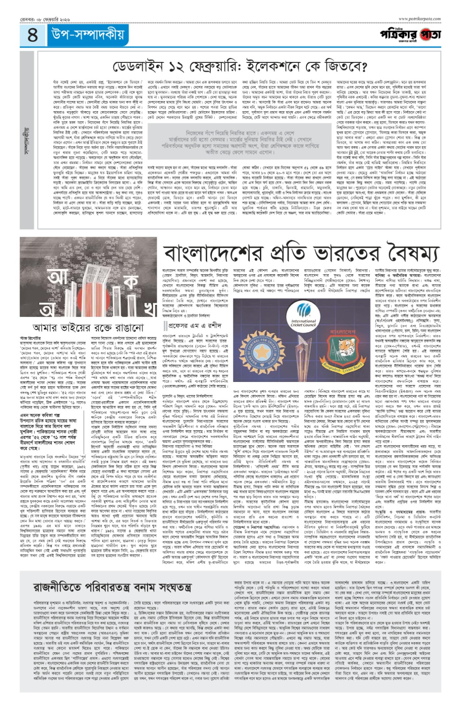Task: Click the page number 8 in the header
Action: point(33,35)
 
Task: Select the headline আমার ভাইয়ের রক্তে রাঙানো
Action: point(89,327)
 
